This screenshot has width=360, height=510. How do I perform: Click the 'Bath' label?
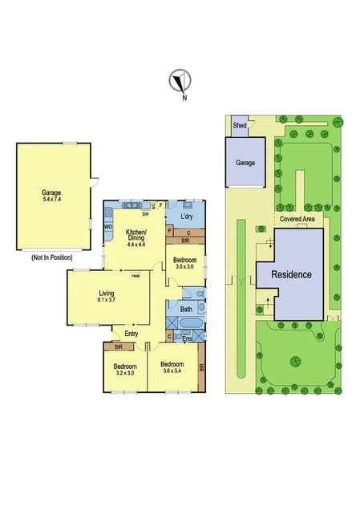click(x=185, y=309)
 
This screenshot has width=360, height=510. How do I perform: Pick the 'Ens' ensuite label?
click(x=188, y=339)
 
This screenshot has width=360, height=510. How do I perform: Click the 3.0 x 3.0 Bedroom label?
click(x=184, y=262)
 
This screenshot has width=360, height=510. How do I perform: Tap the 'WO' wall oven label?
click(x=107, y=227)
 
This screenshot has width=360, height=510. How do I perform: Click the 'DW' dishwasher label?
click(x=146, y=214)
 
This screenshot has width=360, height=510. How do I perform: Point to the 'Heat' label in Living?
click(x=136, y=277)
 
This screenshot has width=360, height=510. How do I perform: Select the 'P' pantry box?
click(x=169, y=231)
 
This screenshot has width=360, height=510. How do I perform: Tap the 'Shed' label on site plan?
click(x=239, y=126)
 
